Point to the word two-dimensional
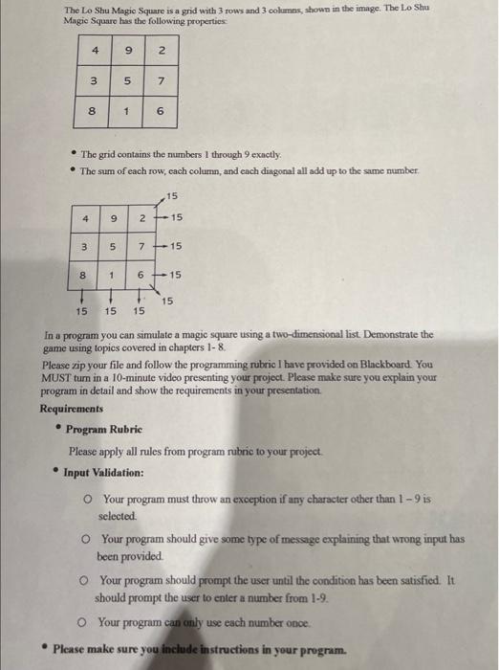click(x=315, y=335)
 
